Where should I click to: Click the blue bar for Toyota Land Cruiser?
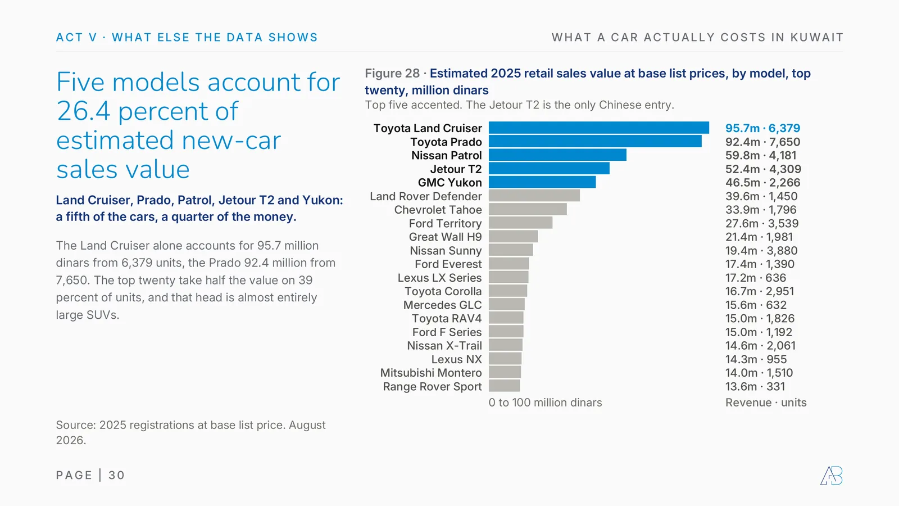coord(599,128)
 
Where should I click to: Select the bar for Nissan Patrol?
coord(557,155)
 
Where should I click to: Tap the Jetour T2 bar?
coord(549,169)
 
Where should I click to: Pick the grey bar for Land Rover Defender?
coord(534,196)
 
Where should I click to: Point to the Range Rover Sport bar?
coord(505,386)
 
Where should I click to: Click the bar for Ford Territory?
coord(520,223)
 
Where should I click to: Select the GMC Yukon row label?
coord(450,183)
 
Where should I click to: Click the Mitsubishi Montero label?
coord(431,373)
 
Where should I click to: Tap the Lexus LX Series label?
coord(439,278)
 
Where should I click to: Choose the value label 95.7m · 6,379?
coord(762,128)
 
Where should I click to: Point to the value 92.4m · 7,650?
coord(762,142)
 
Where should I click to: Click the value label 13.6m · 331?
coord(755,386)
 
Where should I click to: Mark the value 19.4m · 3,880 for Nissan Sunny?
coord(761,251)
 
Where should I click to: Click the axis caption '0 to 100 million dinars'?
coord(546,403)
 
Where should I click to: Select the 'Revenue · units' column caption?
coord(766,403)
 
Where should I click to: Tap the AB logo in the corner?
coord(832,476)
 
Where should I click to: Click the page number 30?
coord(116,476)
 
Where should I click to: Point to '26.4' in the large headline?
coord(84,111)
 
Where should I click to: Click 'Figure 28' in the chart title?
coord(392,74)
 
